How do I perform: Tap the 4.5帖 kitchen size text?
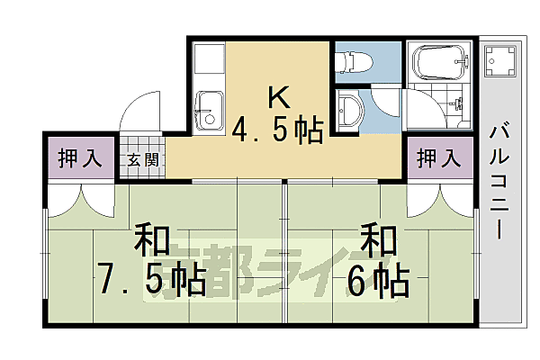click(278, 131)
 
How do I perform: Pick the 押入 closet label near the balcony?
click(438, 159)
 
